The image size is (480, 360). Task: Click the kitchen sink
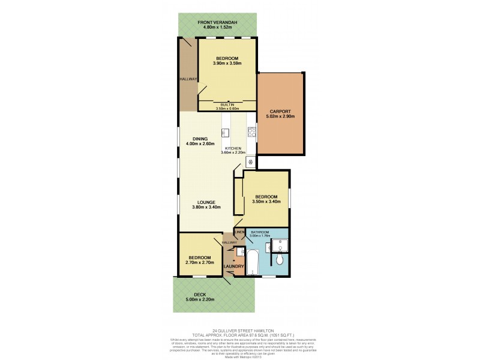226,132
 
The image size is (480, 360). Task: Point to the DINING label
200,139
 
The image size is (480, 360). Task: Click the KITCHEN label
233,148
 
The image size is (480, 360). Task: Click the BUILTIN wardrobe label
227,104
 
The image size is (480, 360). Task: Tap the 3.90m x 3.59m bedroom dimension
227,63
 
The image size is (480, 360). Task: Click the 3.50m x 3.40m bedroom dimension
266,202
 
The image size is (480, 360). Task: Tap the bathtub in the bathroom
253,265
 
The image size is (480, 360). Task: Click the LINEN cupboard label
239,231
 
